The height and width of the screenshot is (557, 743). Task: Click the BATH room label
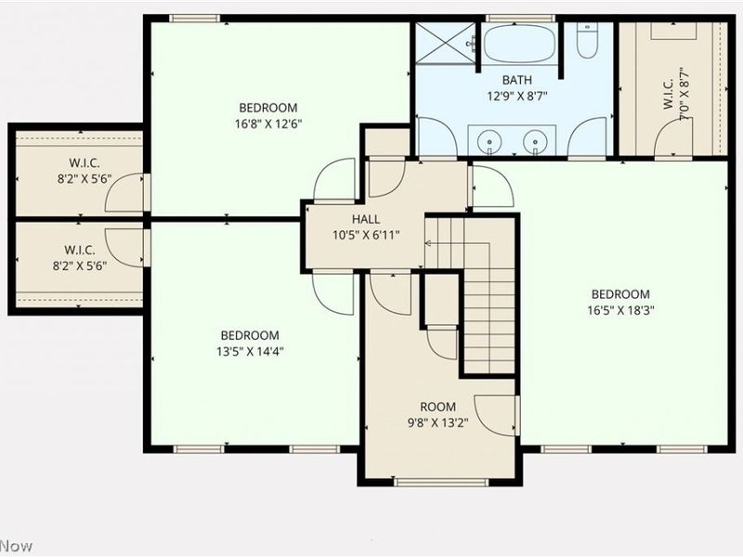pos(517,80)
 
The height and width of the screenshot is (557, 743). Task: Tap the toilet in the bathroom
pos(587,41)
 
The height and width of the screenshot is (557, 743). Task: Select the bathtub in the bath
pos(520,43)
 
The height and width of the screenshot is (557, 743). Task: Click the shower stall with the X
pos(446,43)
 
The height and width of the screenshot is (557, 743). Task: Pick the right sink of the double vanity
pos(535,141)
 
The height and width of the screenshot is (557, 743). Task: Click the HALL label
pos(366,219)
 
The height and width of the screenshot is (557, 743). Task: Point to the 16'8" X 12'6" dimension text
pos(268,124)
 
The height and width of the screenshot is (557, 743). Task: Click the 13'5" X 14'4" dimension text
pos(250,352)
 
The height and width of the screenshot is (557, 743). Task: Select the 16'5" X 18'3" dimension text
pos(620,311)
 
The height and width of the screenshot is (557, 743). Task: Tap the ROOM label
pos(437,407)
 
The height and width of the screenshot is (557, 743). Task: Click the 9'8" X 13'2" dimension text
pos(437,422)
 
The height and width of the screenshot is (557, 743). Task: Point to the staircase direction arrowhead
pos(428,243)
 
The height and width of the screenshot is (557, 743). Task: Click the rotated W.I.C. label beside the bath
pos(668,94)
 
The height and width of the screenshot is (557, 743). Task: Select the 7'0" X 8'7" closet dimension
pos(684,94)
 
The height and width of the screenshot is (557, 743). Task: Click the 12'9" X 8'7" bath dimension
pos(517,97)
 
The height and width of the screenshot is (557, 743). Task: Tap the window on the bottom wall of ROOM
pos(440,482)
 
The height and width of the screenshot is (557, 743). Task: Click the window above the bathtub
pos(520,19)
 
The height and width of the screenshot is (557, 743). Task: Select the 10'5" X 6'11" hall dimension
pos(366,235)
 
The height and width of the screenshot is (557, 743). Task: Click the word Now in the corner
pos(16,546)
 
